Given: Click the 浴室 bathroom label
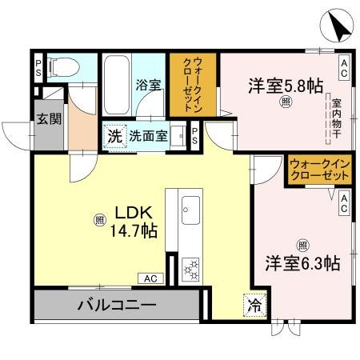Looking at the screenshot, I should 149,84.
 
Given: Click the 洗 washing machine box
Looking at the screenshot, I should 114,136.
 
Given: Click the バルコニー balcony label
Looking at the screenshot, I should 116,305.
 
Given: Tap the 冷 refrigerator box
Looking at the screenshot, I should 253,304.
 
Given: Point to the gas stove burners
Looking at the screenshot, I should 192,269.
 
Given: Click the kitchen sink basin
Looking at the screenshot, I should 190,212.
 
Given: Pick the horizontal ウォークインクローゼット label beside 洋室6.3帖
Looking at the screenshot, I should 320,169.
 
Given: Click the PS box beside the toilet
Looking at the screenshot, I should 38,66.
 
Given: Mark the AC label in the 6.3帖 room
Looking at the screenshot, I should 343,203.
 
